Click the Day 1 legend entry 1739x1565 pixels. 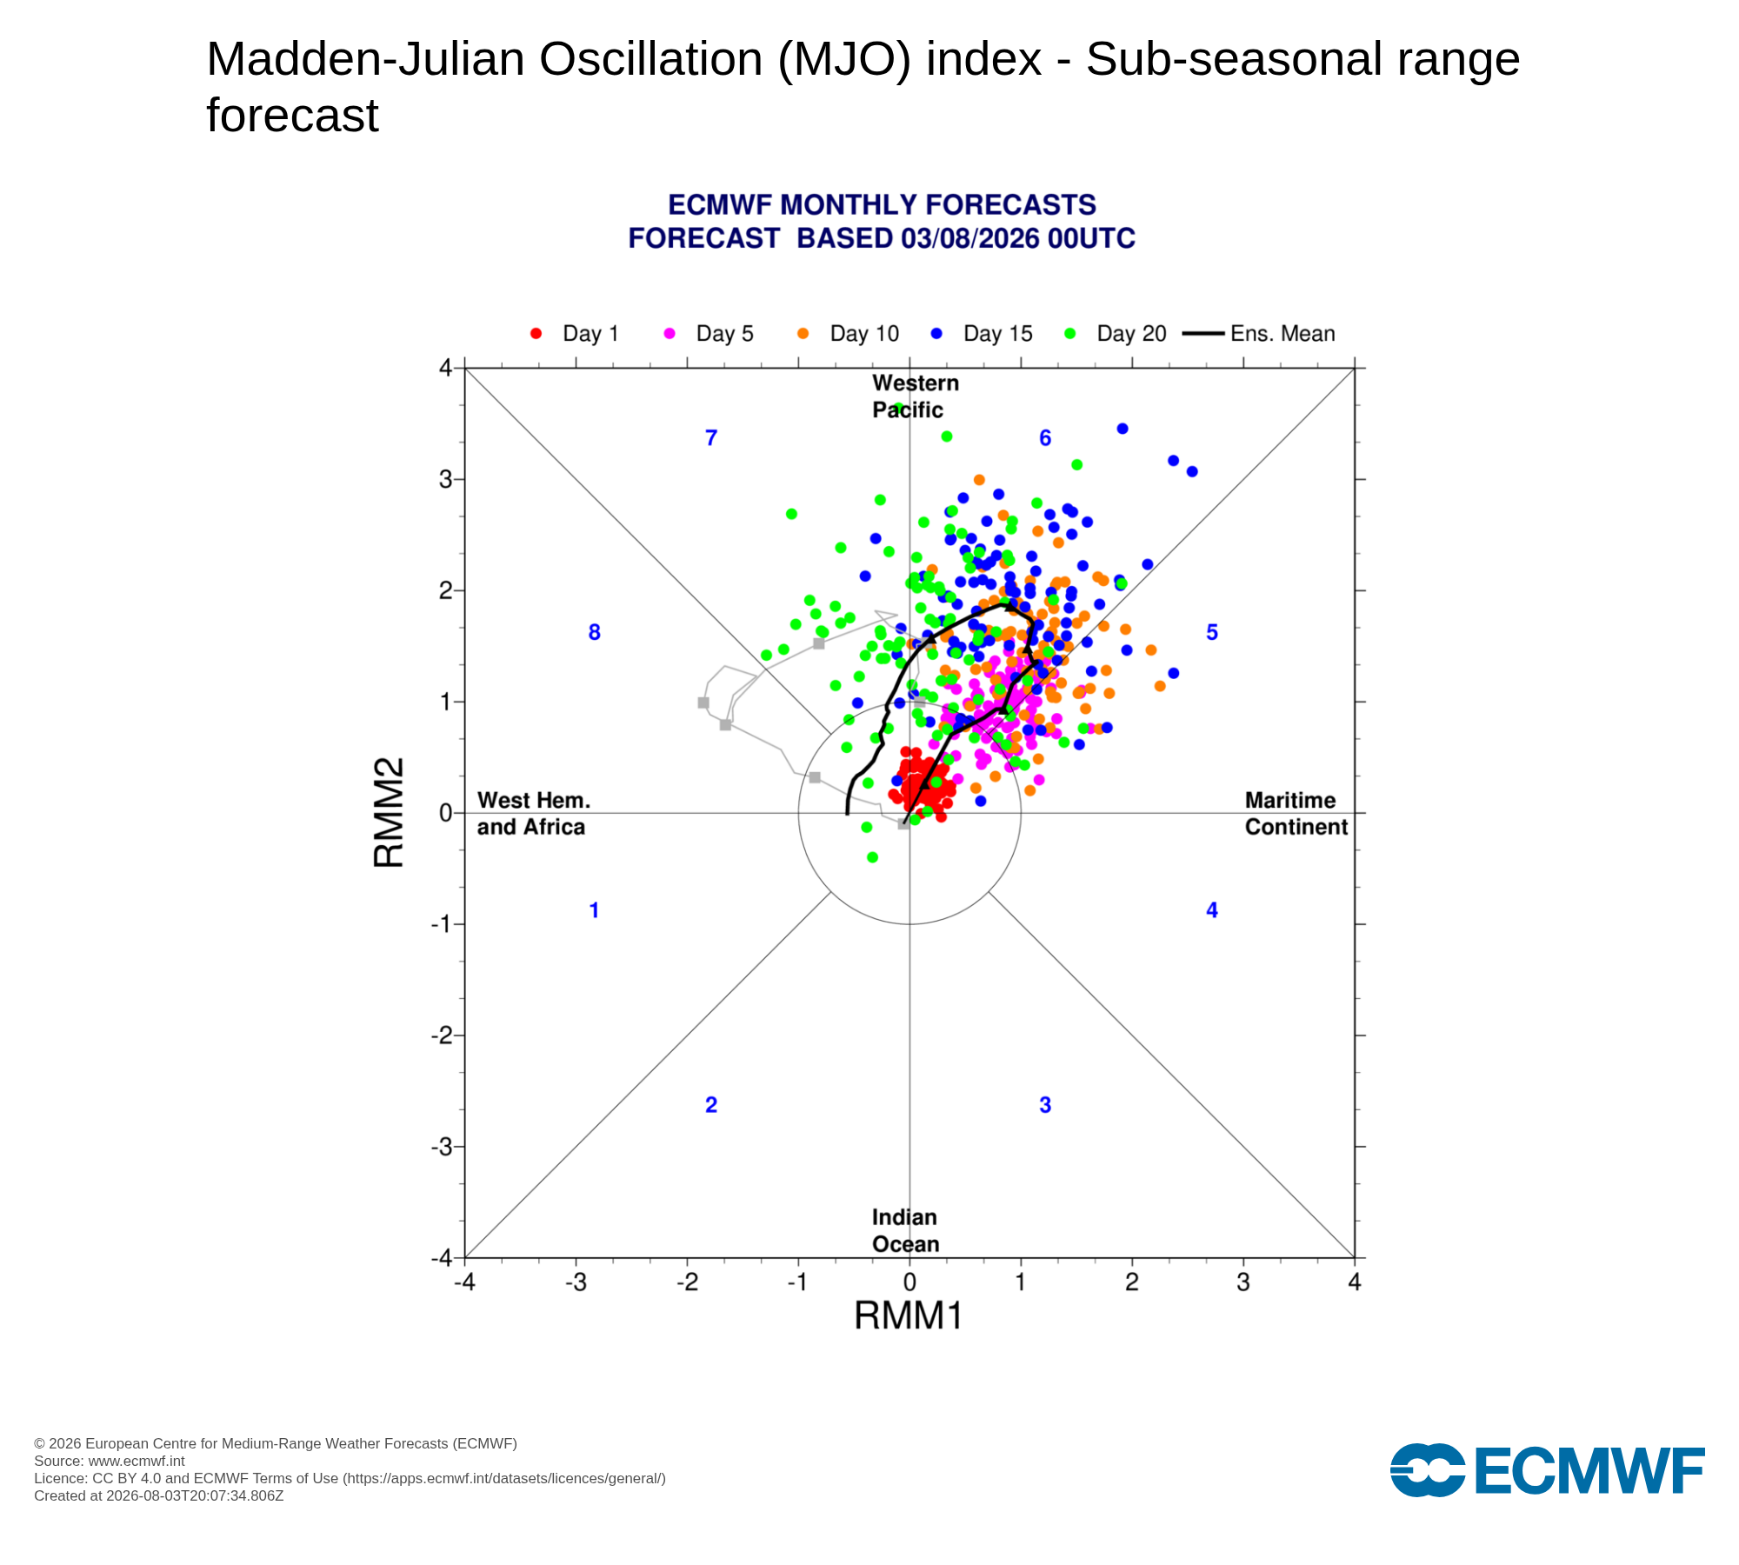pos(574,334)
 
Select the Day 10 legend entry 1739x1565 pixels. pos(848,334)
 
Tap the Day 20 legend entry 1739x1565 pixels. pos(1116,334)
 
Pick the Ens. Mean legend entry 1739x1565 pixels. pos(1259,334)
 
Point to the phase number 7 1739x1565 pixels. pos(711,438)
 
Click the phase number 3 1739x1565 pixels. pos(1045,1105)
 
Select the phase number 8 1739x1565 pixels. pos(595,633)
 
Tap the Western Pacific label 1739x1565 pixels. pos(915,396)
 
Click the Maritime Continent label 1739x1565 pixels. pos(1296,814)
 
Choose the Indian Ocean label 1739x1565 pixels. pos(905,1230)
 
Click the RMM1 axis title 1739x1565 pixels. pos(909,1316)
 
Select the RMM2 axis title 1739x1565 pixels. pos(389,813)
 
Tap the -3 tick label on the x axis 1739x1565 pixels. pos(576,1282)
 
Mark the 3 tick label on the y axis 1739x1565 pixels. pos(445,479)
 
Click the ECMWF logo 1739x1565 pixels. pos(1548,1471)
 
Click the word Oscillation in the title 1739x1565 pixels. pos(651,59)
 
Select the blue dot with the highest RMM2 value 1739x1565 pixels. pos(1123,429)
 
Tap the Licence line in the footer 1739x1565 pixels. pos(350,1479)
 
